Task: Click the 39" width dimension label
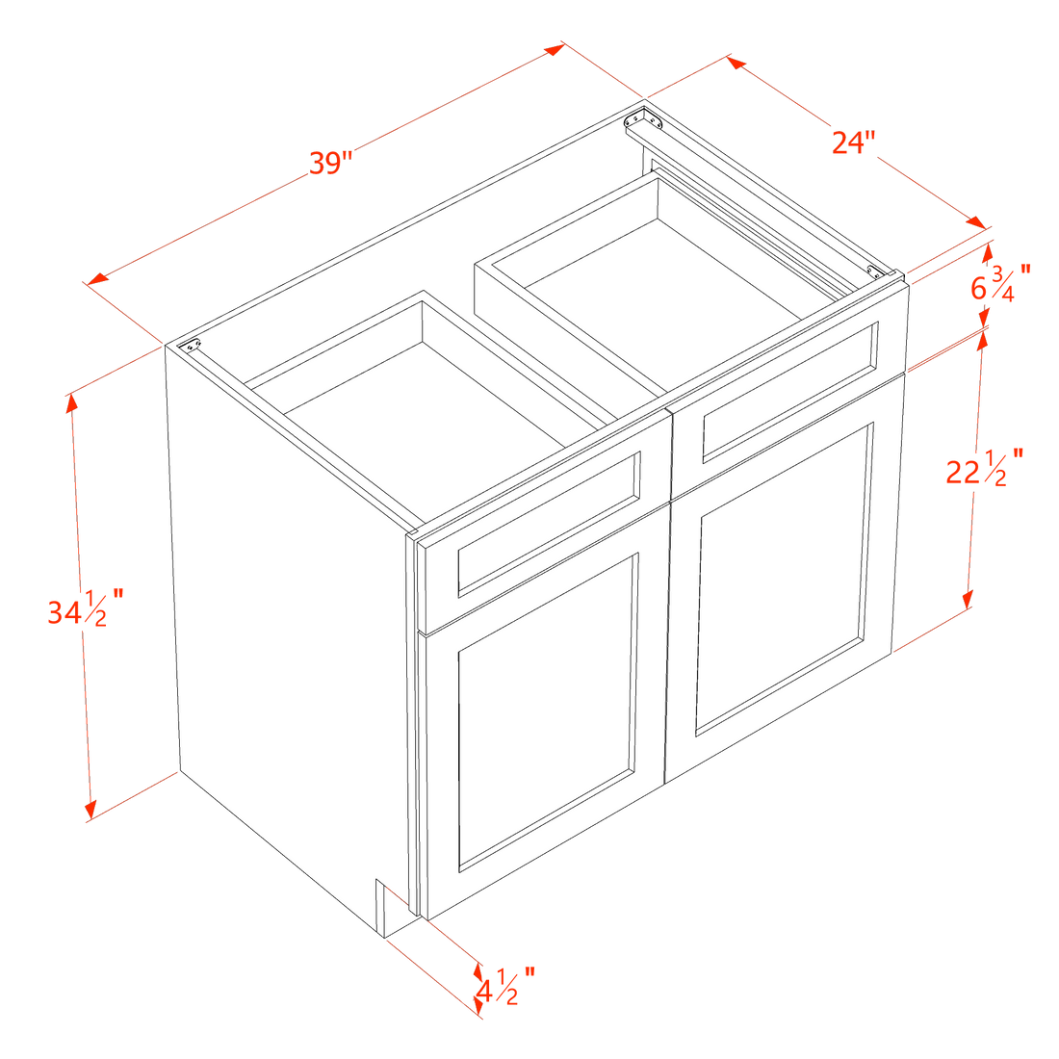coord(331,164)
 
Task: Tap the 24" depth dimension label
coord(853,142)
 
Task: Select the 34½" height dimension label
coord(86,607)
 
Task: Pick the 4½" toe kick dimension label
coord(505,988)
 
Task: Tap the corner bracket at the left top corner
coord(192,345)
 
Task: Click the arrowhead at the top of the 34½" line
coord(71,401)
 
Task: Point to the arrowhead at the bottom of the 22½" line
coord(968,599)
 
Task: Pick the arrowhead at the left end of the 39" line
coord(97,278)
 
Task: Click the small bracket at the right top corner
coord(875,271)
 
